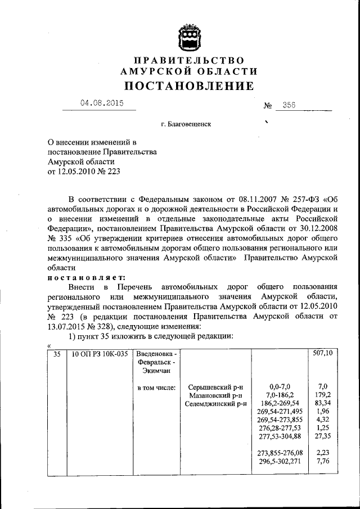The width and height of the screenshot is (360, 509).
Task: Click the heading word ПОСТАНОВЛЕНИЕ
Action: click(189, 86)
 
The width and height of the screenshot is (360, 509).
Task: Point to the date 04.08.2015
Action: click(102, 103)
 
